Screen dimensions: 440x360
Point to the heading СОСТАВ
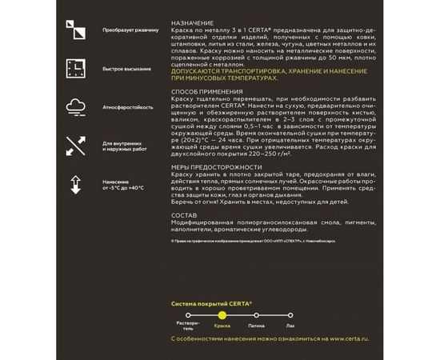[x=186, y=215]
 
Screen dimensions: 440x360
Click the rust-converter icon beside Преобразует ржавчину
[x=75, y=30]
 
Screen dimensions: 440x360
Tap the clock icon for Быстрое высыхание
[x=75, y=68]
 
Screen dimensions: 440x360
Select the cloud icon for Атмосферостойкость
[x=75, y=106]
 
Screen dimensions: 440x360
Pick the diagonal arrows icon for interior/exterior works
[x=75, y=145]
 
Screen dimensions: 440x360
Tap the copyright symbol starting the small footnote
[x=174, y=238]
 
